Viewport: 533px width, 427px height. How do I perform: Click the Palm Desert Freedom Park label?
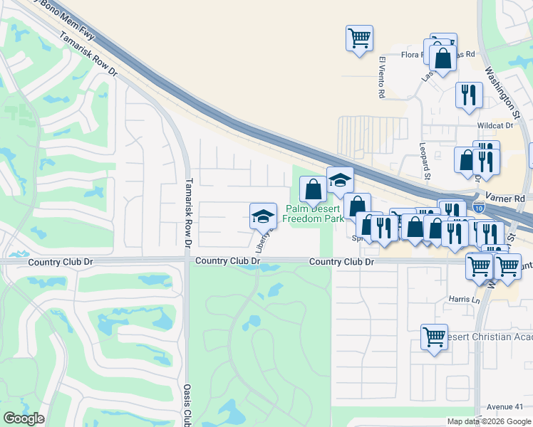coord(314,213)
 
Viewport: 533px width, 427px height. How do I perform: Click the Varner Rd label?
coord(509,198)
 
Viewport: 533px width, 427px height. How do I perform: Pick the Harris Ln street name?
coord(463,300)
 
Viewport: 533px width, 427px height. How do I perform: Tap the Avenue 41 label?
coord(505,406)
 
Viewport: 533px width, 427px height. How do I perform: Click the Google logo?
coord(24,418)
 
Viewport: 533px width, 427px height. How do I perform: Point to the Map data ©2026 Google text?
coord(489,421)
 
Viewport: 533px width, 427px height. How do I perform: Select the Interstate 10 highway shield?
coord(479,208)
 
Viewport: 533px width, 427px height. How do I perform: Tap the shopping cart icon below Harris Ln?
coord(434,336)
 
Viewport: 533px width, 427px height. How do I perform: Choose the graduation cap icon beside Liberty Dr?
coord(263,215)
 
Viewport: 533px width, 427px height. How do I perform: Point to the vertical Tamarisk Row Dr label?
coord(189,212)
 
